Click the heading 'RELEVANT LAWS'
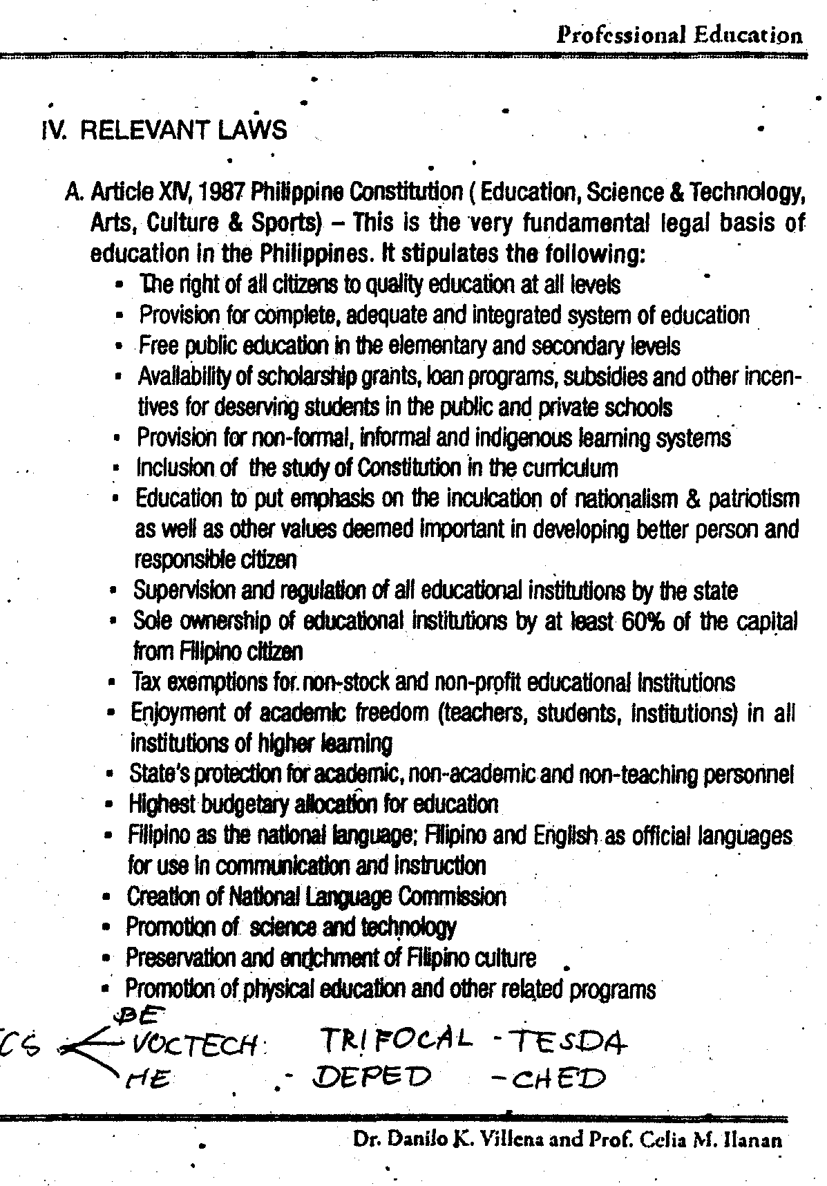click(x=183, y=130)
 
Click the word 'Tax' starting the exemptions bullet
click(x=144, y=683)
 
